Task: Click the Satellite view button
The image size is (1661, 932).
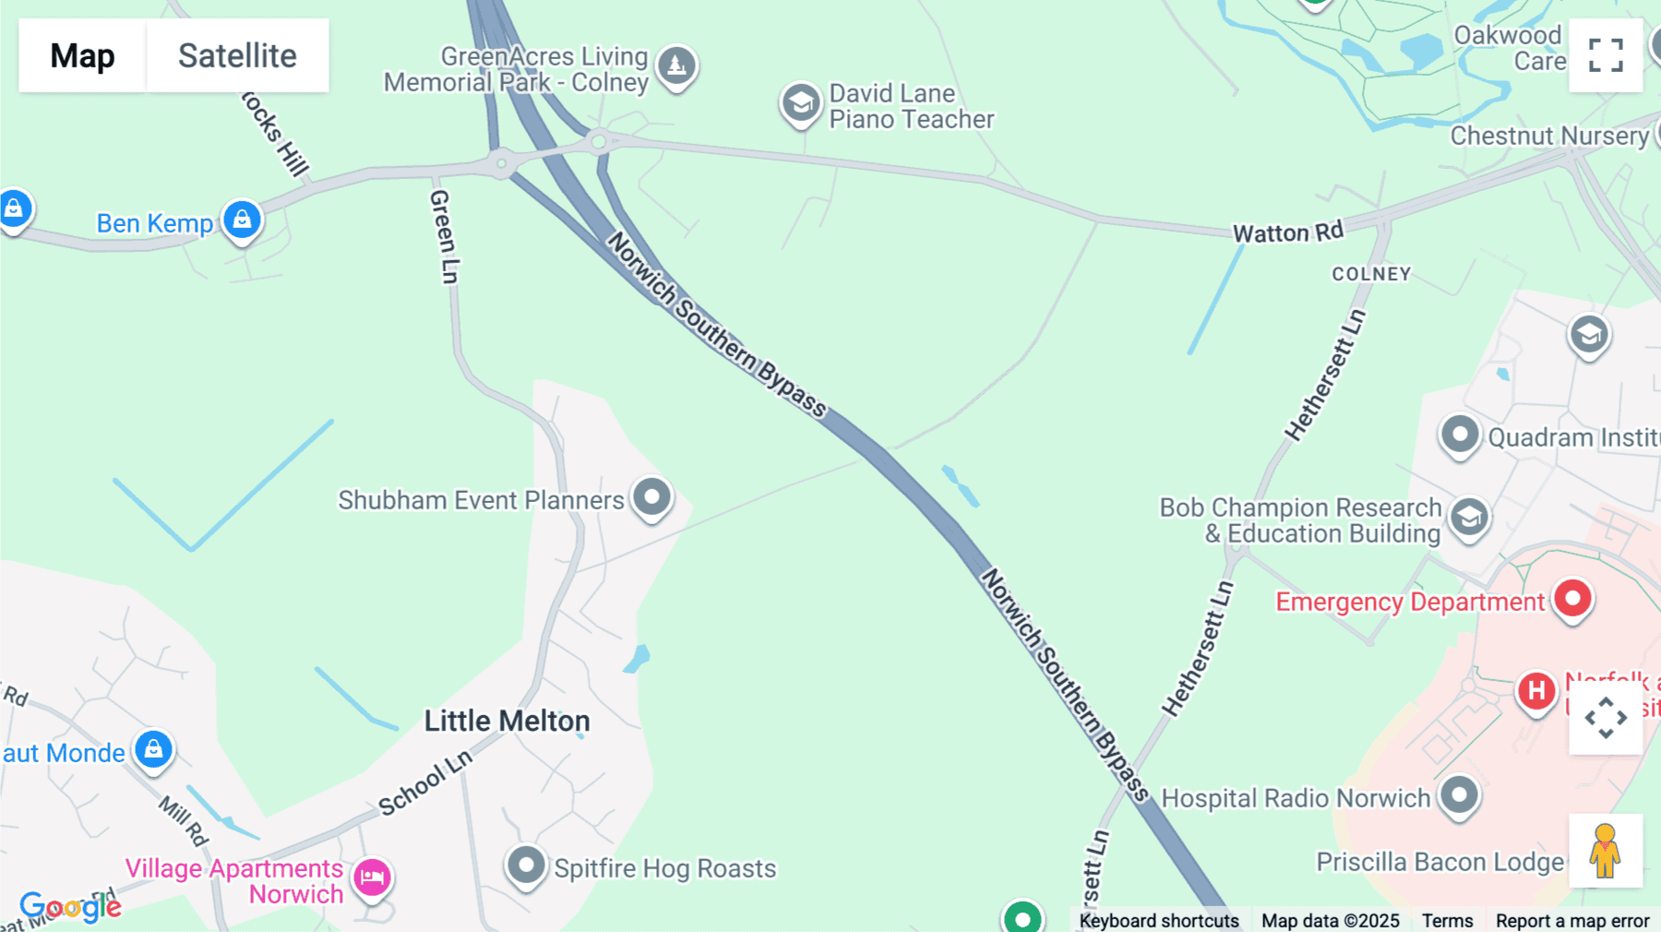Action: pos(237,55)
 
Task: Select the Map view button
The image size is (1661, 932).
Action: pos(82,55)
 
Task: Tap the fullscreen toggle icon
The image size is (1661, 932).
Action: pos(1606,55)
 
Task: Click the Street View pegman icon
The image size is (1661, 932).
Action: pos(1606,851)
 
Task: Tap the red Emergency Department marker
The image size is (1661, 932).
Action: pos(1572,599)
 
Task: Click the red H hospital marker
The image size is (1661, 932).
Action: pos(1536,690)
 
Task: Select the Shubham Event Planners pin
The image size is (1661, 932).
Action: pos(652,496)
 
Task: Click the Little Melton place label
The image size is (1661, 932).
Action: pos(507,721)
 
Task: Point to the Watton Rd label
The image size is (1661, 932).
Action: pos(1288,232)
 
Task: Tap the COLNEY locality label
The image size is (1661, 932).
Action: pos(1371,274)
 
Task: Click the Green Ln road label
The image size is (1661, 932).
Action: pos(444,236)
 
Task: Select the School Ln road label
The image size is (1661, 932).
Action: pos(425,783)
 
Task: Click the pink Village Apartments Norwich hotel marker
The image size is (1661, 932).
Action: pos(373,877)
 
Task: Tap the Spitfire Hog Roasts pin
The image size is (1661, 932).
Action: pos(527,866)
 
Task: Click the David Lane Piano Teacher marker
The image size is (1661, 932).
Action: pos(801,103)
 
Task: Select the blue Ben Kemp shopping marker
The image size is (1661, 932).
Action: pos(242,221)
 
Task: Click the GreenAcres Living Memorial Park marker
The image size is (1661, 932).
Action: pos(676,66)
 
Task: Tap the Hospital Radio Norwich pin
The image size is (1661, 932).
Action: pos(1459,795)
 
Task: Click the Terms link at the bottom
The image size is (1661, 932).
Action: pos(1447,920)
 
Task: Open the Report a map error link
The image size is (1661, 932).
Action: pos(1571,920)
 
